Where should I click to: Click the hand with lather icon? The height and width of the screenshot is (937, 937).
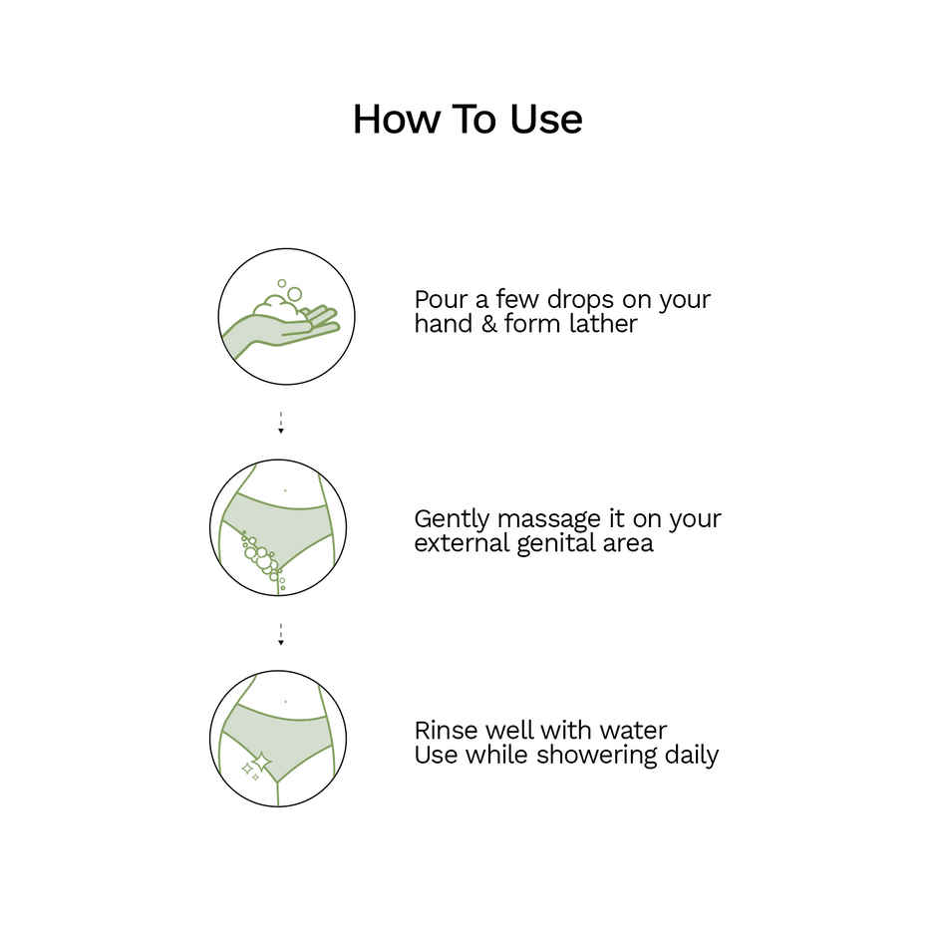point(287,317)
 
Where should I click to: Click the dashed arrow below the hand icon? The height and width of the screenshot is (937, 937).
point(280,423)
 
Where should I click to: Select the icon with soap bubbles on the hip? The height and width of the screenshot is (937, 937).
point(278,527)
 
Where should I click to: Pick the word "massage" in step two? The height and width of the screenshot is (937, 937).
point(548,520)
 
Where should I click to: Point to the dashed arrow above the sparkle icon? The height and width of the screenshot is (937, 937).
point(280,634)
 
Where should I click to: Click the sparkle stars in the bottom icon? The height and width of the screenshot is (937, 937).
point(256,766)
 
